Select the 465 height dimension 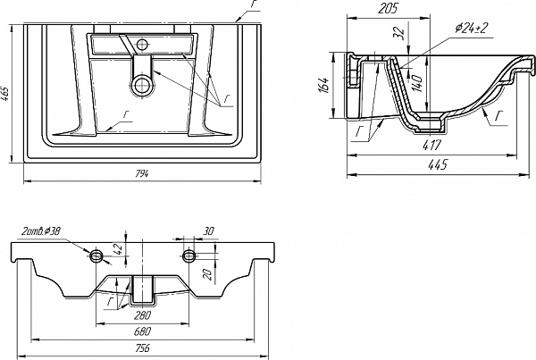coord(8,92)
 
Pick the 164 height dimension coord(326,86)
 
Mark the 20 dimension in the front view coord(206,273)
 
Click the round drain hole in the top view coord(140,85)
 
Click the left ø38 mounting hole coord(96,256)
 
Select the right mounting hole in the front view coord(189,256)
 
